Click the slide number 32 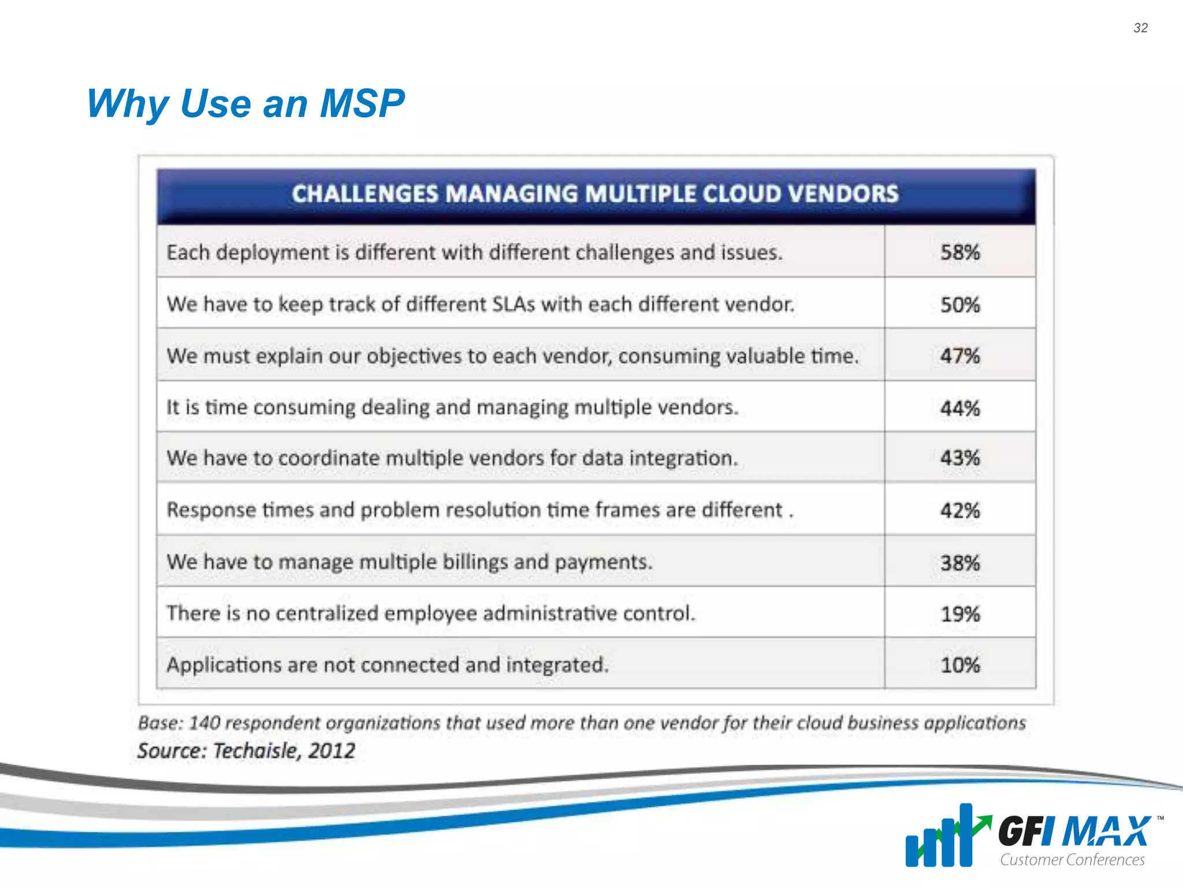(1140, 28)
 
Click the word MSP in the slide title (362, 104)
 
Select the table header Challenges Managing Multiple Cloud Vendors (595, 194)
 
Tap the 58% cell (959, 252)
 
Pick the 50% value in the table (959, 305)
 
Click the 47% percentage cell (959, 356)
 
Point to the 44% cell (959, 408)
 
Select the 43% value (959, 458)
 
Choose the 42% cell (959, 510)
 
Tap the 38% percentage (959, 563)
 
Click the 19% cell (959, 614)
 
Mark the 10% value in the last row (959, 665)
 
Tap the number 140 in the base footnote (204, 723)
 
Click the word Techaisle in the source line (257, 751)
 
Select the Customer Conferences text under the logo (1072, 860)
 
